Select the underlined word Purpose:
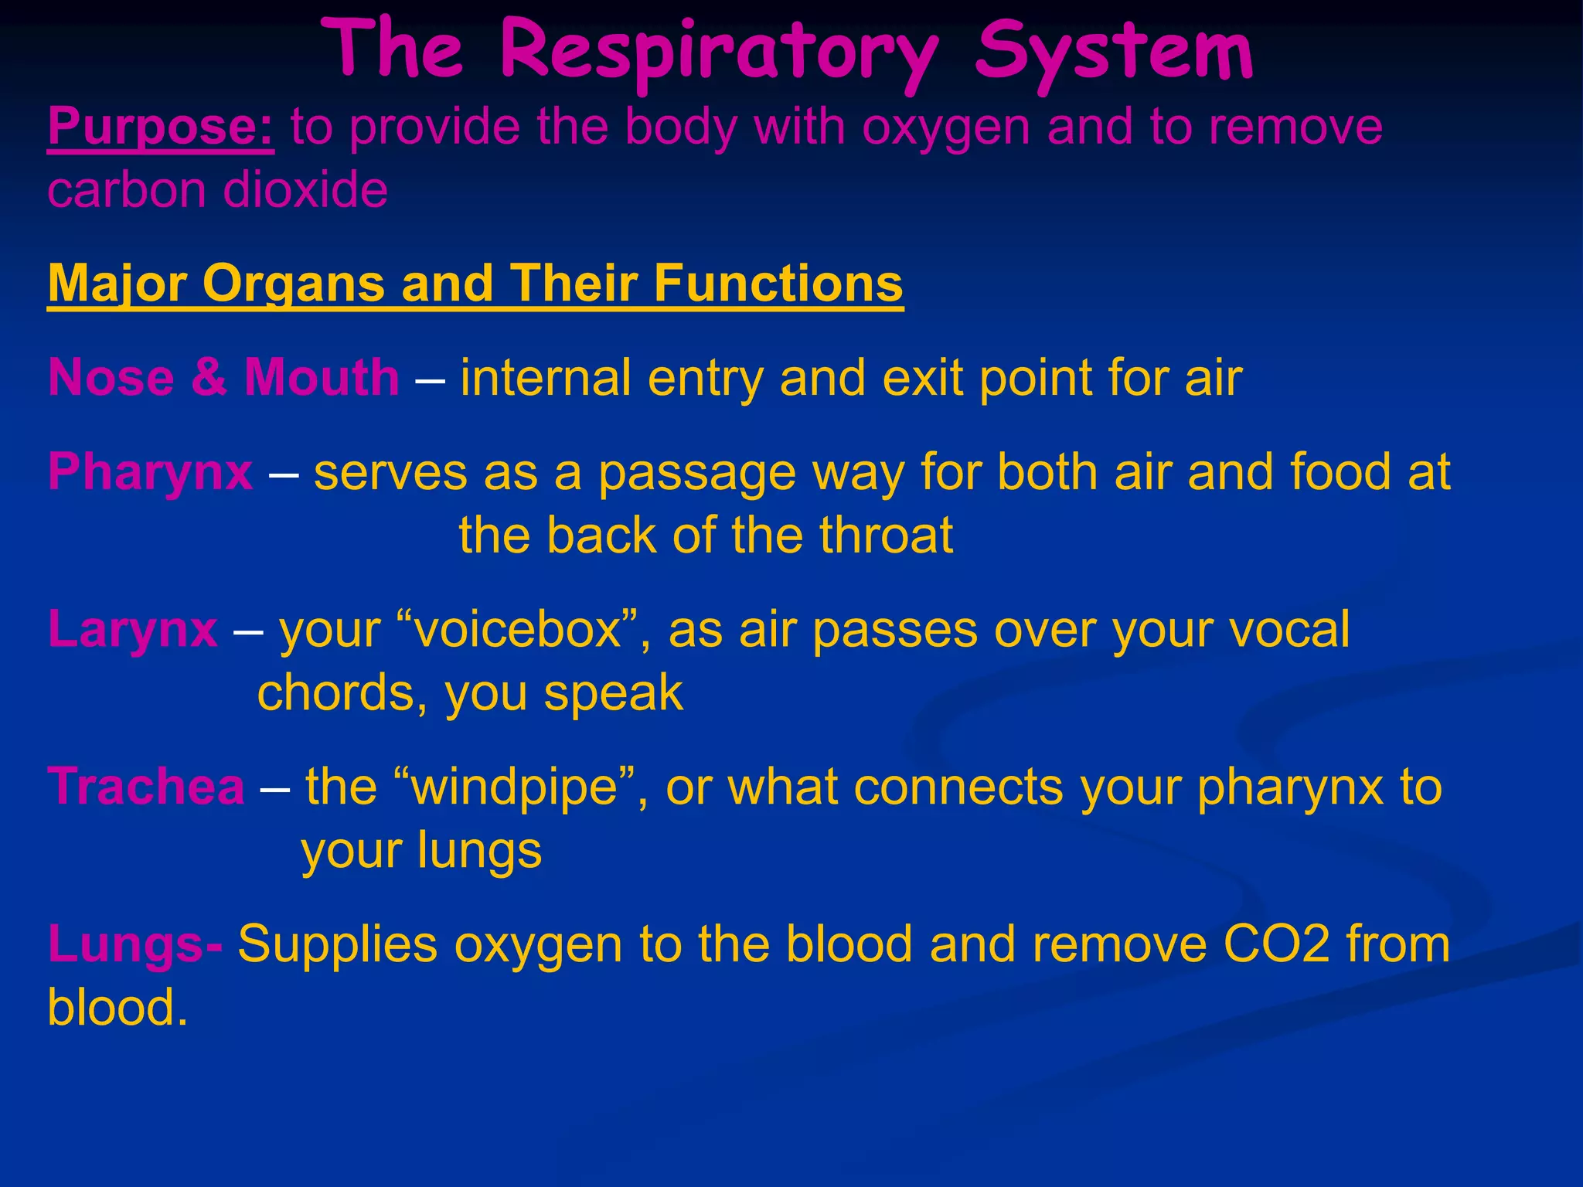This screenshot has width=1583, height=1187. [161, 128]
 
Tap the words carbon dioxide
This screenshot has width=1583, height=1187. [217, 190]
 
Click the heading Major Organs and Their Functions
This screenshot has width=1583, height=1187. [475, 284]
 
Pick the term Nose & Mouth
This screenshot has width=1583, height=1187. [223, 378]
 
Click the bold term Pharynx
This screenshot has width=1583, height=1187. [150, 472]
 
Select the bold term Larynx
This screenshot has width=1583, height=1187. [133, 629]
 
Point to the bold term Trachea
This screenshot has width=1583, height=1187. [146, 787]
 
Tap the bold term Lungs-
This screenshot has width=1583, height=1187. [135, 944]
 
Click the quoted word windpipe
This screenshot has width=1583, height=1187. [514, 787]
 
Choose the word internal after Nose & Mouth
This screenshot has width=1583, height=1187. [546, 378]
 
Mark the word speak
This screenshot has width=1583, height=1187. [614, 693]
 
